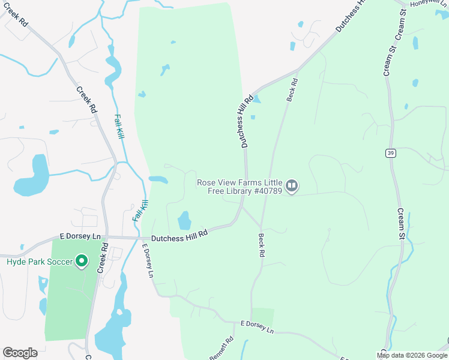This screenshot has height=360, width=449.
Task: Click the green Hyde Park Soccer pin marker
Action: pyautogui.click(x=81, y=262)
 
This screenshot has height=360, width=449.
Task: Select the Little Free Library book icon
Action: pyautogui.click(x=292, y=186)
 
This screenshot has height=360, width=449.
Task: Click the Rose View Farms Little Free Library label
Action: pyautogui.click(x=240, y=186)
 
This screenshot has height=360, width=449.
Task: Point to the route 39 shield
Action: pyautogui.click(x=390, y=154)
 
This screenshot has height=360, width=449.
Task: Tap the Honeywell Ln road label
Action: pyautogui.click(x=429, y=4)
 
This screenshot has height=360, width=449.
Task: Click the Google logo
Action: pyautogui.click(x=20, y=353)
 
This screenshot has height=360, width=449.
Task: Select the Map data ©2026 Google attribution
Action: pyautogui.click(x=412, y=355)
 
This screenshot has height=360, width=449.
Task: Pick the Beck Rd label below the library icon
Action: pyautogui.click(x=262, y=245)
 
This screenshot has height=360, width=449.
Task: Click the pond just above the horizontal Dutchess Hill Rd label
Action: pyautogui.click(x=184, y=220)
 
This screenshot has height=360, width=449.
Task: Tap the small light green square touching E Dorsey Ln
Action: pyautogui.click(x=262, y=317)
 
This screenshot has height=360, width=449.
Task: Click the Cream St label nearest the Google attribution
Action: pyautogui.click(x=401, y=224)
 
